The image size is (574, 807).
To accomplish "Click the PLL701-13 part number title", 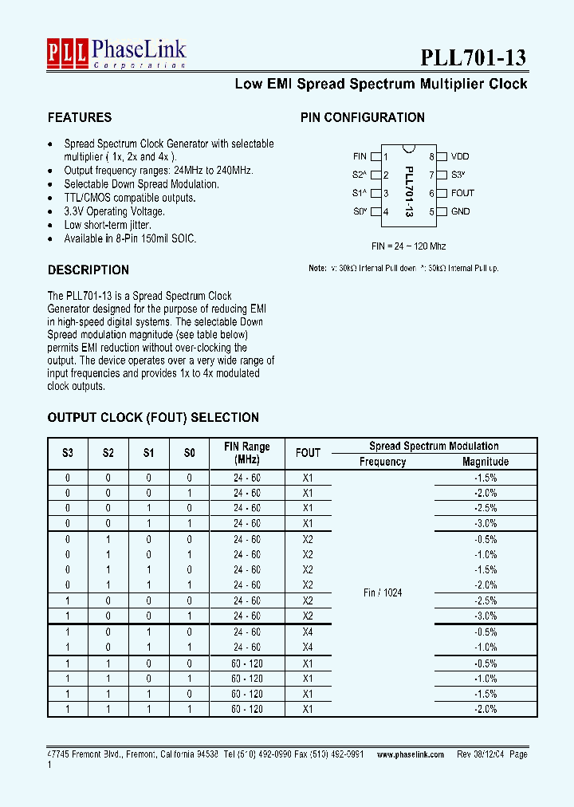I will (474, 57).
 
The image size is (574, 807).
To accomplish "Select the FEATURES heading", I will (80, 117).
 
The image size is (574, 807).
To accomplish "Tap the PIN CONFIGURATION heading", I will (362, 117).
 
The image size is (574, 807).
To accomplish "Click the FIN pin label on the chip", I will (360, 157).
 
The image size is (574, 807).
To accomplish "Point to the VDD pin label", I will (460, 157).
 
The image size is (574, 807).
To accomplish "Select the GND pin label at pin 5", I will (460, 211).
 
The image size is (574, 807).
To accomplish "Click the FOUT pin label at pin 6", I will (462, 193).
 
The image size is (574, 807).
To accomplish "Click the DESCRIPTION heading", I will (88, 270).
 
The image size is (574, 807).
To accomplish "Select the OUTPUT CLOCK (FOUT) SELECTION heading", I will (153, 417).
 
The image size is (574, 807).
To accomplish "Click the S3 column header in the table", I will (67, 453).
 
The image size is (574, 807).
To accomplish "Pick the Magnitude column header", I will (485, 462).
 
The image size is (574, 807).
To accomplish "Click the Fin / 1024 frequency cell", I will (382, 593).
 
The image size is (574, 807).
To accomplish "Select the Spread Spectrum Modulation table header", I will (434, 446).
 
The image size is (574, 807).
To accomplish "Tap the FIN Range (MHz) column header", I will (246, 453).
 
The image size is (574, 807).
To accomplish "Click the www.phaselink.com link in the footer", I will (410, 754).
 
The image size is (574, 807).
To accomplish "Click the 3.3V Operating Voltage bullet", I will (114, 211).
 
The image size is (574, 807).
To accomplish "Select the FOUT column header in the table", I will (308, 453).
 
